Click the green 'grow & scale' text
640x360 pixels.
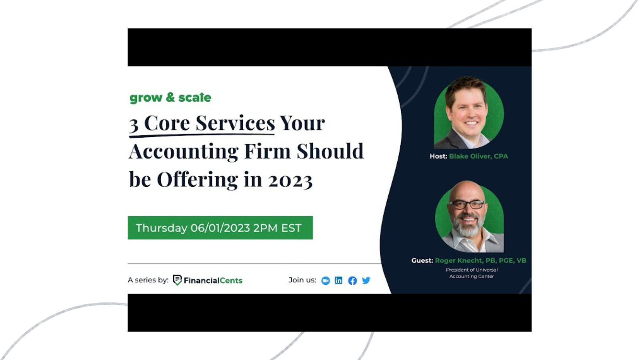170,98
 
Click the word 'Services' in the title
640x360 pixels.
235,123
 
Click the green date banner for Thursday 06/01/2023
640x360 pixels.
220,228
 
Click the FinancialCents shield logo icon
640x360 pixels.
177,280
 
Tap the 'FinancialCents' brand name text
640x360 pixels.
213,280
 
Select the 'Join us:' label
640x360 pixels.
302,280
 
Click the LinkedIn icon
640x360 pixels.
338,280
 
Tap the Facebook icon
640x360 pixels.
352,280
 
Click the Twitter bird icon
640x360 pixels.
366,280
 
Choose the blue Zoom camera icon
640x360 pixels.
326,281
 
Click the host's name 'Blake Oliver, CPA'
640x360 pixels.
478,156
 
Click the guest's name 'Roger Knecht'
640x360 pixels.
458,260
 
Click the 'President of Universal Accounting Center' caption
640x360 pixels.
472,273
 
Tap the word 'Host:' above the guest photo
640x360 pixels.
438,156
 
